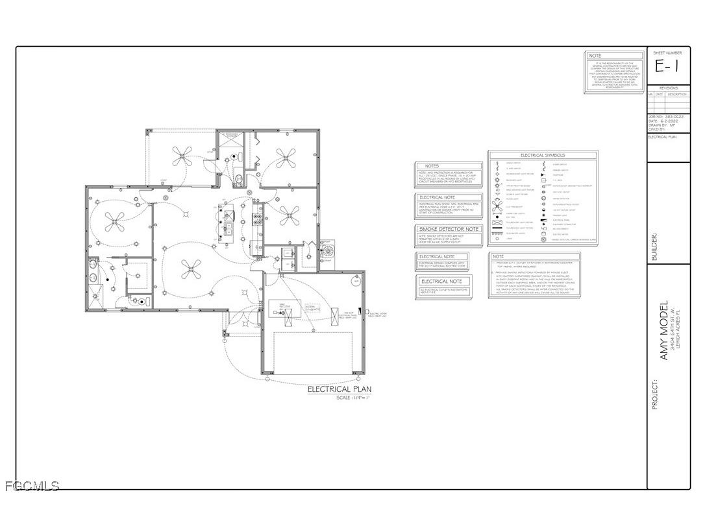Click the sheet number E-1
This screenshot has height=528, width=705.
pyautogui.click(x=668, y=66)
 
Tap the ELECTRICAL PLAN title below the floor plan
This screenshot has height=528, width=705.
pyautogui.click(x=339, y=389)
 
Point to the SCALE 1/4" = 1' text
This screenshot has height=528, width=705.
pyautogui.click(x=352, y=398)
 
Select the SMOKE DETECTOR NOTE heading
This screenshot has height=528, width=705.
pyautogui.click(x=449, y=229)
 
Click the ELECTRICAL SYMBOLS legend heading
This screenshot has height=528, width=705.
pyautogui.click(x=542, y=156)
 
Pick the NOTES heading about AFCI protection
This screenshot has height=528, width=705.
pyautogui.click(x=432, y=166)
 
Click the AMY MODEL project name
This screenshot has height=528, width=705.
pyautogui.click(x=664, y=331)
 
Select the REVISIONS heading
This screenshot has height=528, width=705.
pyautogui.click(x=668, y=88)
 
